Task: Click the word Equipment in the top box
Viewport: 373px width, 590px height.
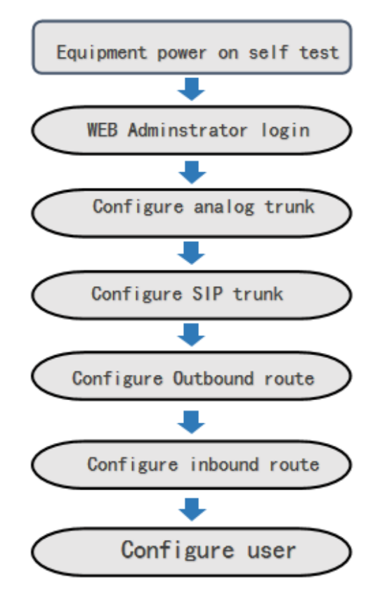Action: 102,53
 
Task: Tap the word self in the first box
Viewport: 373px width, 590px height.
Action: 268,52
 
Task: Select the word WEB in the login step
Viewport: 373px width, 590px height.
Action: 103,130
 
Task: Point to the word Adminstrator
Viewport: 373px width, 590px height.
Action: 188,130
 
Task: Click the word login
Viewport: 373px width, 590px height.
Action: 285,131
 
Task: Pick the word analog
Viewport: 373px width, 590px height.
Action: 223,207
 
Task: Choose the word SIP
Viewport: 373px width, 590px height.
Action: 207,293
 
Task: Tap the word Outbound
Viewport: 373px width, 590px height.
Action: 213,378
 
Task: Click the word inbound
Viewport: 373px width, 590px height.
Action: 224,464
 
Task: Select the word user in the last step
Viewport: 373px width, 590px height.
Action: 271,551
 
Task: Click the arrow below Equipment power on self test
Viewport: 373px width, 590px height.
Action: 191,89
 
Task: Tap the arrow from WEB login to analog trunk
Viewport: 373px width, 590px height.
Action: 192,172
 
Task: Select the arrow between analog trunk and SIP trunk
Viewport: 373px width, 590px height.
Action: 191,253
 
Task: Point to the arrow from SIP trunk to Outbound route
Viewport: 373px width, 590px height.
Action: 191,335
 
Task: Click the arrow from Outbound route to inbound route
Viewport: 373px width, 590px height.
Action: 191,422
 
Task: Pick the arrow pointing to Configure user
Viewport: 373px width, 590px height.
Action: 192,509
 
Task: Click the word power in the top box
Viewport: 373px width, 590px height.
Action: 182,53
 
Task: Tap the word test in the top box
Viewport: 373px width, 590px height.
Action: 319,52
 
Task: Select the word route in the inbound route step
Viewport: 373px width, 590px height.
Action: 294,465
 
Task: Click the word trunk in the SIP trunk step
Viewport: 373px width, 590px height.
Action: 258,294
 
